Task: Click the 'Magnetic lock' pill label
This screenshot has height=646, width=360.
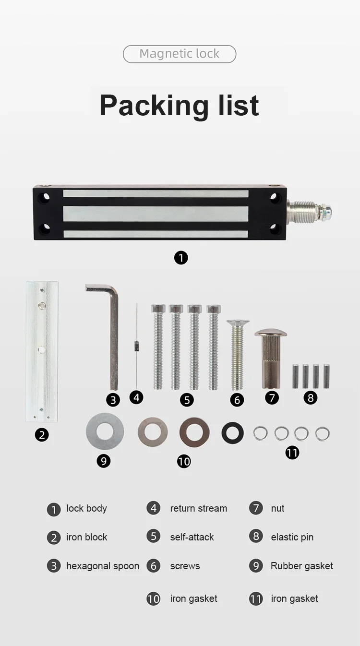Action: click(x=180, y=54)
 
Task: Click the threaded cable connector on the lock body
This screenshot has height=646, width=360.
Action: click(x=309, y=210)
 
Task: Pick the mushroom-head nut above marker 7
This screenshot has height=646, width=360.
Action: click(x=271, y=358)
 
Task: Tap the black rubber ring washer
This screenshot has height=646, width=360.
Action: click(x=233, y=433)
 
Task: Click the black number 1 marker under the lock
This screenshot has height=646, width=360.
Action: click(x=181, y=258)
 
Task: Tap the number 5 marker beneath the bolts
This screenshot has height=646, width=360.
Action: click(x=187, y=400)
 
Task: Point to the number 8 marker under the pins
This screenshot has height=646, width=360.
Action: click(x=311, y=397)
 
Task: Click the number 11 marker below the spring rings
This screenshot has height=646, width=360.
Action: click(x=292, y=453)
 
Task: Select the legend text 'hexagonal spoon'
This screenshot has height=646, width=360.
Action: click(x=103, y=566)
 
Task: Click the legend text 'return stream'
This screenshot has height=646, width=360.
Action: click(x=198, y=508)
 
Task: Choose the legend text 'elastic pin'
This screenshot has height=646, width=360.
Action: click(x=292, y=537)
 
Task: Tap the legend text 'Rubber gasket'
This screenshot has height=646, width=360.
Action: click(x=301, y=566)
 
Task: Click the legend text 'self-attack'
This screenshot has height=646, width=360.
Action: click(x=192, y=537)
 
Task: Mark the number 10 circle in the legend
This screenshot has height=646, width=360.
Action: click(x=154, y=598)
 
